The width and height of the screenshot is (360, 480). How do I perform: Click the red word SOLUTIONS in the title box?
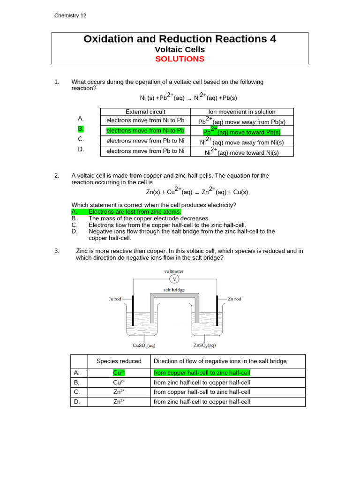click(x=180, y=59)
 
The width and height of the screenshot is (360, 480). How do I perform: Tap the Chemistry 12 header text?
click(x=70, y=15)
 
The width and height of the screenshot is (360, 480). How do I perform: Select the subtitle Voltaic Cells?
click(x=180, y=49)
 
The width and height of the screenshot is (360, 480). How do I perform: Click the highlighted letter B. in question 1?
click(x=81, y=128)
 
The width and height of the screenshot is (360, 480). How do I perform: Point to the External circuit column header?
click(x=145, y=112)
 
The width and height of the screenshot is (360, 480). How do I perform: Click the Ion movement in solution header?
click(x=242, y=112)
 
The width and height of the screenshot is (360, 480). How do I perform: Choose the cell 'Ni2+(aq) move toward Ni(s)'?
click(x=242, y=152)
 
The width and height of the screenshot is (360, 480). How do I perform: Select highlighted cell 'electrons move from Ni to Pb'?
click(x=145, y=130)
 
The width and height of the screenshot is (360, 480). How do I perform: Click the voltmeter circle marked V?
click(x=174, y=279)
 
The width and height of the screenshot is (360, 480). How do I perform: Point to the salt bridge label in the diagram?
click(x=174, y=290)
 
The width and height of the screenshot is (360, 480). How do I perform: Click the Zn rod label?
click(x=234, y=299)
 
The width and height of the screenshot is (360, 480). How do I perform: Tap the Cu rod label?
click(x=117, y=299)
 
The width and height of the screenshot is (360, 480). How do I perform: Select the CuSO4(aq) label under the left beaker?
click(x=144, y=346)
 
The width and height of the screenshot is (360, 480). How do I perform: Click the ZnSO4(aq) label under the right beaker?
click(x=205, y=346)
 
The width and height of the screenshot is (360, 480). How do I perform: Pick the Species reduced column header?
click(x=119, y=361)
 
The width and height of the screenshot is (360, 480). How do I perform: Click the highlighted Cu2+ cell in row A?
click(x=119, y=373)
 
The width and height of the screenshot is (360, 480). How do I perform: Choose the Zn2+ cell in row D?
click(x=119, y=401)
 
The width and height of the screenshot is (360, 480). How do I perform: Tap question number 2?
click(x=57, y=176)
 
